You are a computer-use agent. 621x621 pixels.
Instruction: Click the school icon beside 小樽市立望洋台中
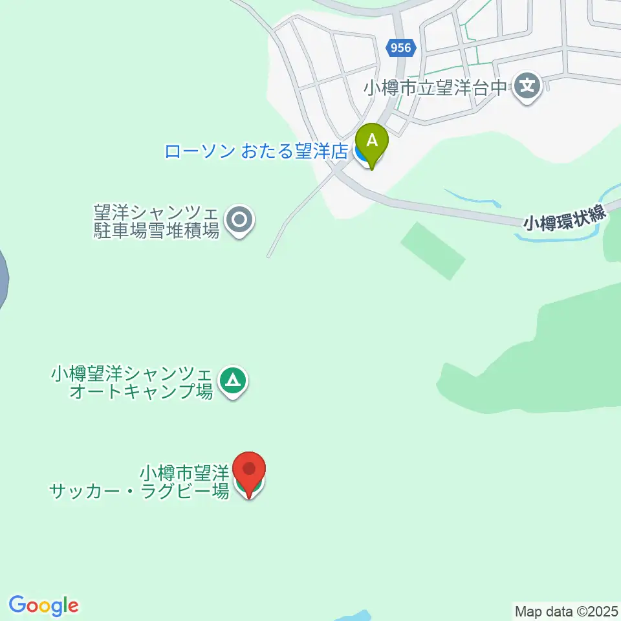[x=528, y=86]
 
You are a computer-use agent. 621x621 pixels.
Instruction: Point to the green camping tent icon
[x=232, y=381]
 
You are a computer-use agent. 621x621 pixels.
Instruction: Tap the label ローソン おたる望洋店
[x=256, y=152]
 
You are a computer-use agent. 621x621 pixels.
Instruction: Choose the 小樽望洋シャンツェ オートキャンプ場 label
[x=132, y=382]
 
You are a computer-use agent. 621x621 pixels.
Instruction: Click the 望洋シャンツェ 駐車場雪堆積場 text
[x=157, y=221]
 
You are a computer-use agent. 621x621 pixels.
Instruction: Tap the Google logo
[x=43, y=605]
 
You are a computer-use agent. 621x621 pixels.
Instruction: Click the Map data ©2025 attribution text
[x=566, y=610]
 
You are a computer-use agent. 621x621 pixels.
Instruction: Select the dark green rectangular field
[x=433, y=250]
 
